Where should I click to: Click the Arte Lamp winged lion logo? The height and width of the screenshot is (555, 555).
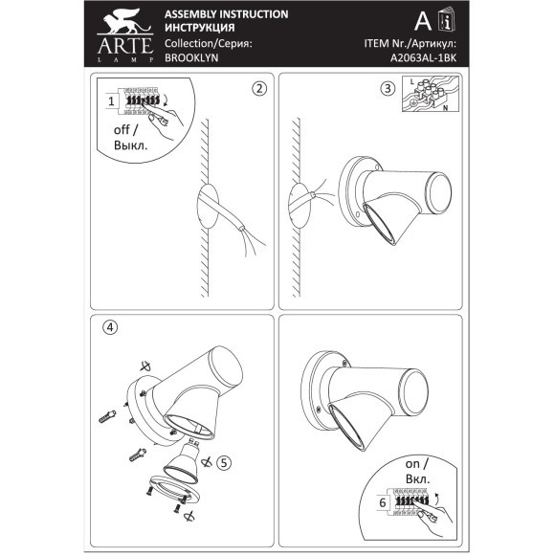pyautogui.click(x=125, y=35)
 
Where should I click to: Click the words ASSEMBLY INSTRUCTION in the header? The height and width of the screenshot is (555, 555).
pyautogui.click(x=227, y=14)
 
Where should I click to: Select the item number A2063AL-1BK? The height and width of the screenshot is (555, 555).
pyautogui.click(x=423, y=58)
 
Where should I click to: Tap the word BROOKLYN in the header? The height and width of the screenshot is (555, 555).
pyautogui.click(x=191, y=57)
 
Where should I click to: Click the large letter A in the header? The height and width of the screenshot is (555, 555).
pyautogui.click(x=423, y=21)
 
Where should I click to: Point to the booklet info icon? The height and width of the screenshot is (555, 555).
pyautogui.click(x=446, y=20)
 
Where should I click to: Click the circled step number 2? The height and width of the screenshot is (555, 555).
pyautogui.click(x=259, y=88)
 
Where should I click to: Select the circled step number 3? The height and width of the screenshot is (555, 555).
pyautogui.click(x=388, y=88)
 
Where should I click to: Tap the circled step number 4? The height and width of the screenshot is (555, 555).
pyautogui.click(x=110, y=327)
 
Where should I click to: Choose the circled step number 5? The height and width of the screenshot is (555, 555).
pyautogui.click(x=224, y=462)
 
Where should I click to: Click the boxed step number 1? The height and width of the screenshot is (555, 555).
pyautogui.click(x=112, y=101)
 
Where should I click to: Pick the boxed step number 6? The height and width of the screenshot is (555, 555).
pyautogui.click(x=383, y=503)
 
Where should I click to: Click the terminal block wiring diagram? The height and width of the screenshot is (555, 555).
pyautogui.click(x=431, y=94)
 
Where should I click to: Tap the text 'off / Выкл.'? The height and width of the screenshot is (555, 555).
pyautogui.click(x=130, y=138)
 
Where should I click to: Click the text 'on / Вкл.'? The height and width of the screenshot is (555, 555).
pyautogui.click(x=417, y=472)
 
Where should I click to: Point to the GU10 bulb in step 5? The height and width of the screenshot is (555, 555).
pyautogui.click(x=182, y=461)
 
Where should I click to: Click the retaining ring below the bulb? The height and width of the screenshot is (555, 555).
pyautogui.click(x=174, y=490)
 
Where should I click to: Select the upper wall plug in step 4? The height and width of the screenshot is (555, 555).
pyautogui.click(x=107, y=416)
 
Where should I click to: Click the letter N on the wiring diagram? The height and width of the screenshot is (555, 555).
pyautogui.click(x=445, y=108)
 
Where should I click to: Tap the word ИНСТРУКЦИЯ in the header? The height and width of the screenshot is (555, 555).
pyautogui.click(x=200, y=28)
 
